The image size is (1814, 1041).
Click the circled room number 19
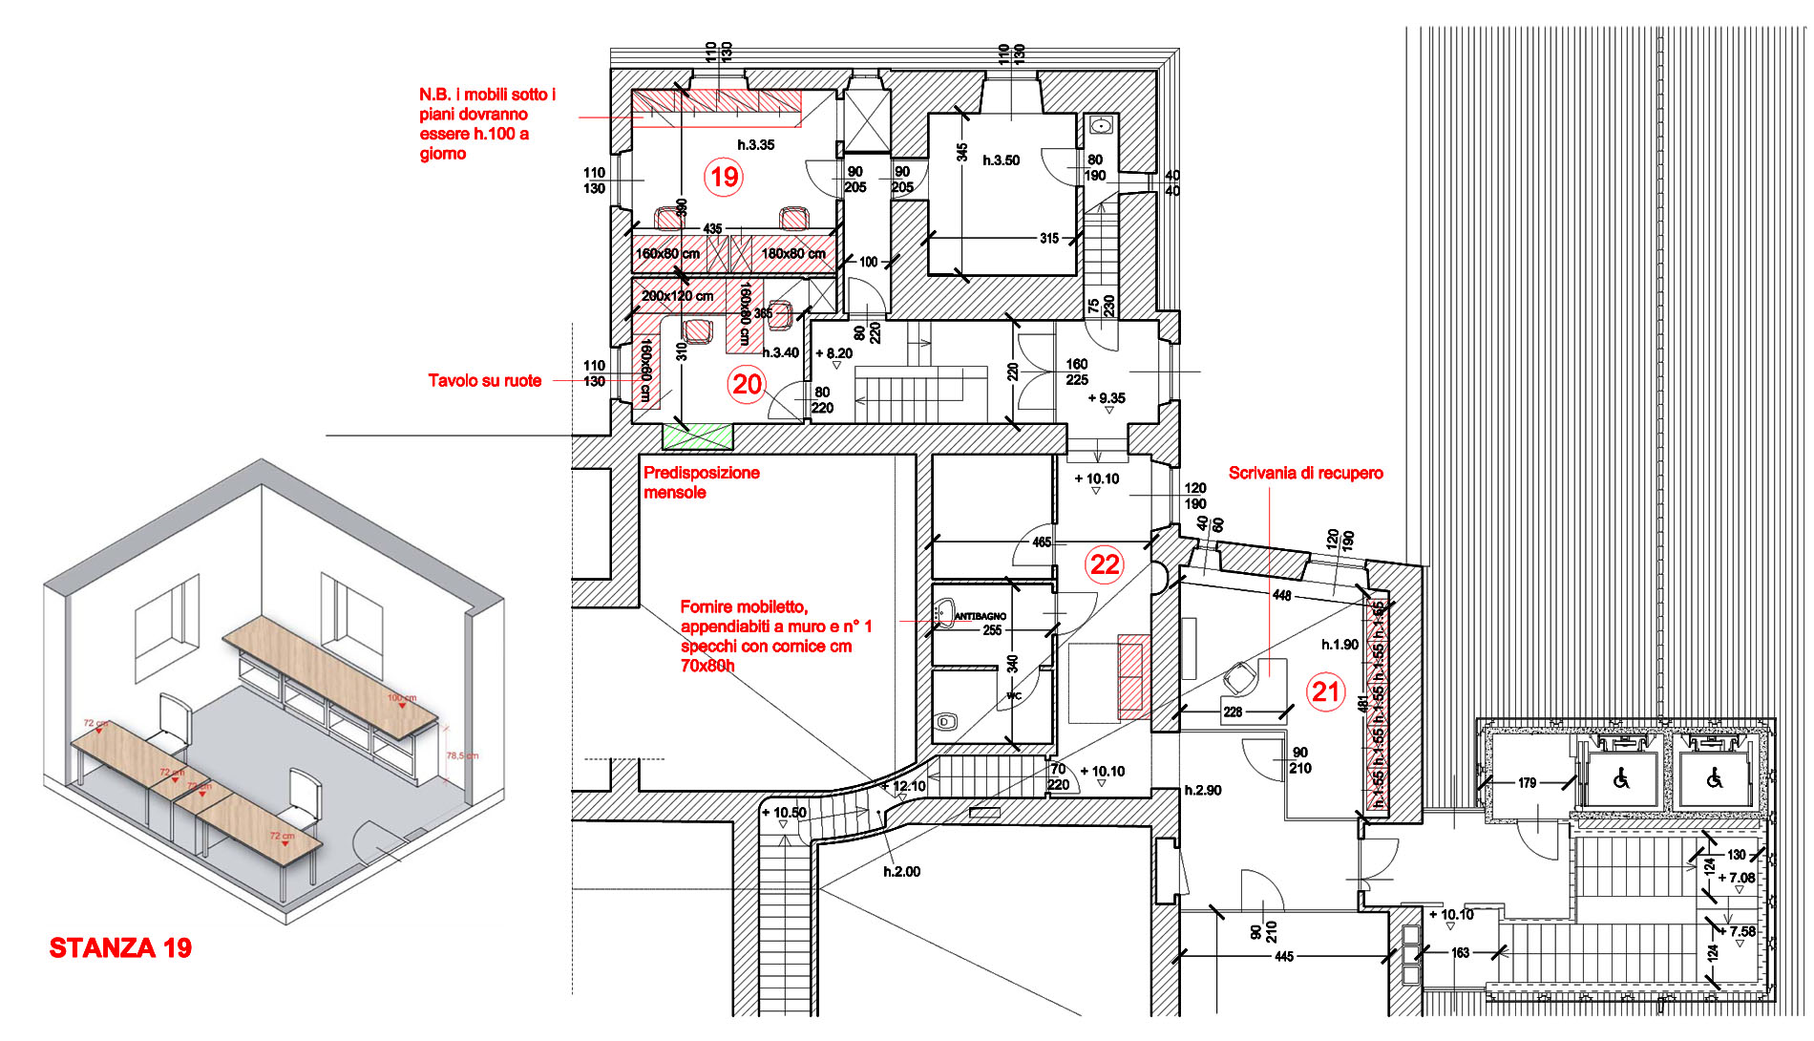pos(724,177)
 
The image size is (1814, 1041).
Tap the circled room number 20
pos(747,384)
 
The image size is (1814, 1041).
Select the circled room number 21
pos(1326,690)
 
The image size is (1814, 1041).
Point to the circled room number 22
pos(1105,563)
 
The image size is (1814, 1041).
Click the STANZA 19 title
pos(120,947)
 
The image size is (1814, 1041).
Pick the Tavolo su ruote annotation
pos(484,380)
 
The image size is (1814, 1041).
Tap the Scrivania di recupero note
pos(1305,473)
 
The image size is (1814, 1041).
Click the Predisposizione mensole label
pos(701,482)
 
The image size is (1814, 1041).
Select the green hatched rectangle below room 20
pos(698,436)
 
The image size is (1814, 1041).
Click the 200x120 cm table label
pos(677,296)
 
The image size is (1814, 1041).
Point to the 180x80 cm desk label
pos(793,254)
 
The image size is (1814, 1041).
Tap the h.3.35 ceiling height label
pos(755,145)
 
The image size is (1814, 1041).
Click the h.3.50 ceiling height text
pos(1001,160)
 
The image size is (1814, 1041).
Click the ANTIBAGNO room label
pos(980,616)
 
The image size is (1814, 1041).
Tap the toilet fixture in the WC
pos(946,722)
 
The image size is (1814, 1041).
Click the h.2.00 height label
pos(901,871)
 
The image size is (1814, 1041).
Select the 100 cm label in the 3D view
pos(402,698)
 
